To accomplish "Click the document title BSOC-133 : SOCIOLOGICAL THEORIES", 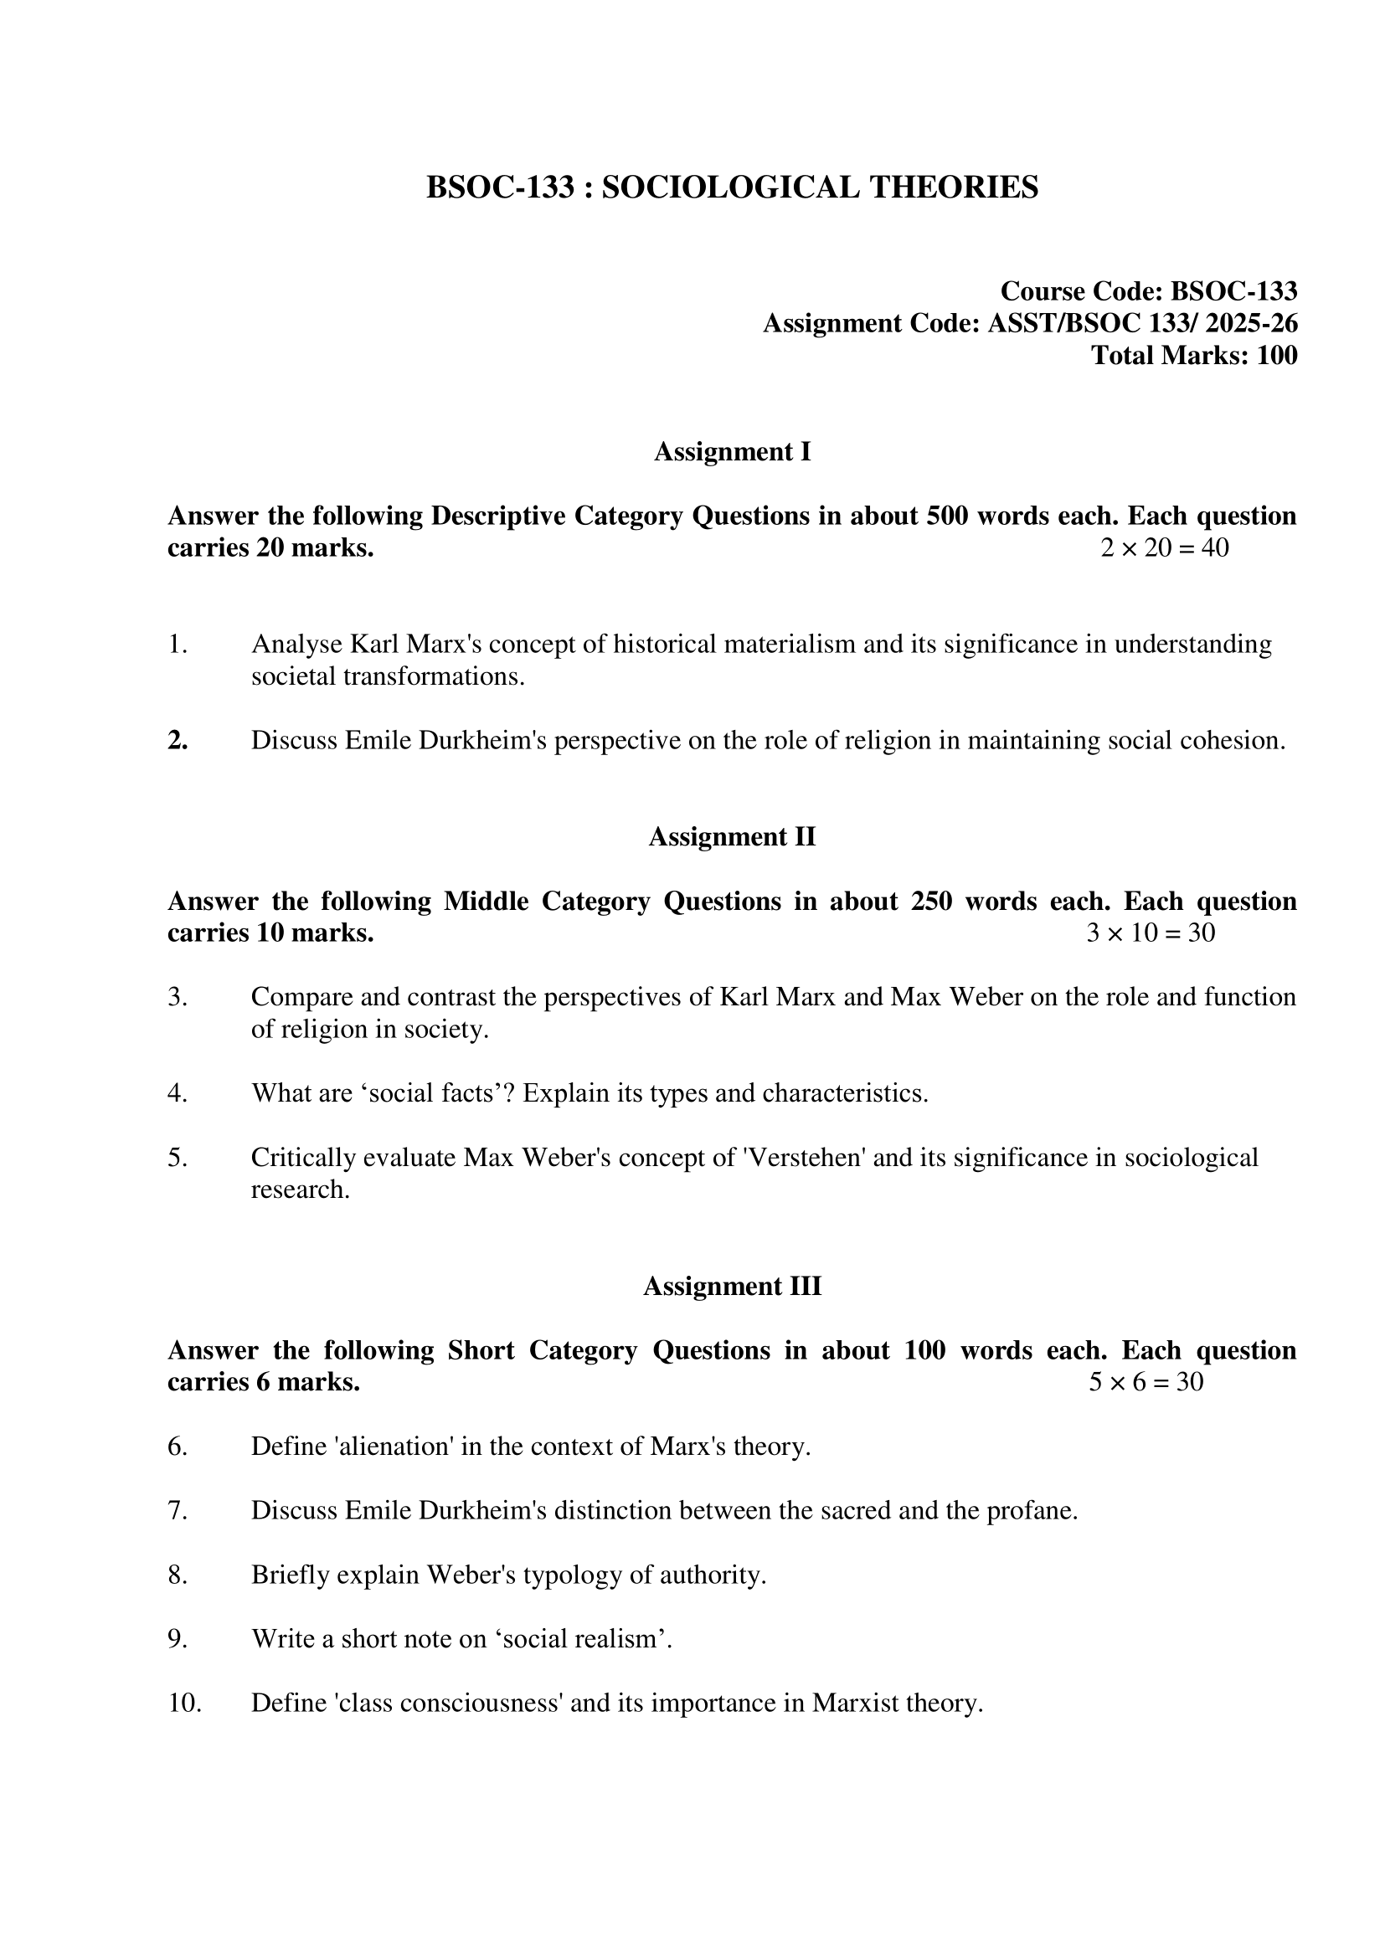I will coord(732,187).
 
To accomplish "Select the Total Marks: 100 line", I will coord(1194,355).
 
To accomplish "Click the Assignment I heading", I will coord(732,452).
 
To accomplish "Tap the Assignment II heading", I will coord(732,836).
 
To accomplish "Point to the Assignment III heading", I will coord(732,1286).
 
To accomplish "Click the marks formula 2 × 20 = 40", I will coord(1164,547).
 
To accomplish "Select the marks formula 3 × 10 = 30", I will coord(1151,933).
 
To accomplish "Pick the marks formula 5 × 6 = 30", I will coord(1146,1381).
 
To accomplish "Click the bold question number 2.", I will coord(178,740).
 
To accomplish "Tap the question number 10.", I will coord(184,1703).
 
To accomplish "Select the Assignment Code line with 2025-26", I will coord(1030,323).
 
